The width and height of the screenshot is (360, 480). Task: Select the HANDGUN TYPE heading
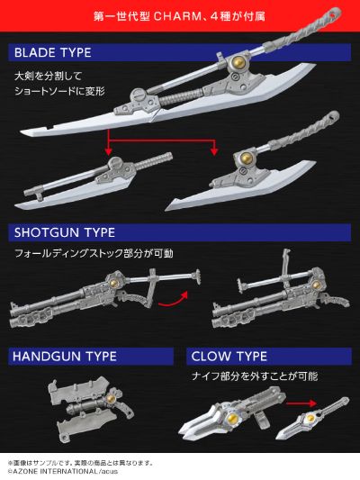(65, 356)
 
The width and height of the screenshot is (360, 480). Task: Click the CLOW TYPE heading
(229, 356)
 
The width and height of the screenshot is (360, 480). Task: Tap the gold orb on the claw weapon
(236, 417)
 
